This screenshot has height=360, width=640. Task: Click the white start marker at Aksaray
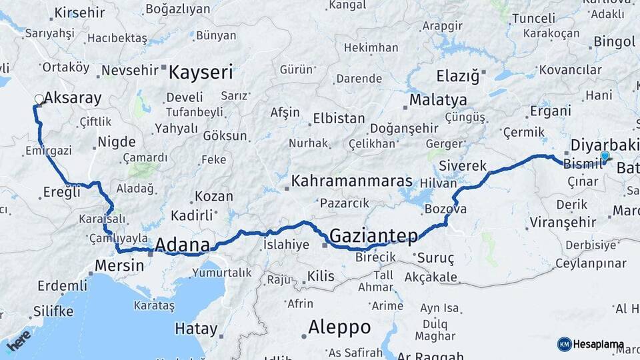click(39, 100)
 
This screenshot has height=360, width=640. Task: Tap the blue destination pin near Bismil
click(605, 157)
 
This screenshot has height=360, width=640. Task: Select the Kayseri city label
click(200, 72)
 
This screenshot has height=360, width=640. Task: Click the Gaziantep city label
click(373, 235)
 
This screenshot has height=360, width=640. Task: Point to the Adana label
click(182, 245)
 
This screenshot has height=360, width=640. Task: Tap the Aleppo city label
click(339, 327)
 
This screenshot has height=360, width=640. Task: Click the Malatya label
click(438, 100)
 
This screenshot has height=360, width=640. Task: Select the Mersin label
click(119, 265)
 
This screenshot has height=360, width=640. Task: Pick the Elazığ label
click(457, 75)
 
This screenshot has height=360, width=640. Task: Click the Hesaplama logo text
click(599, 345)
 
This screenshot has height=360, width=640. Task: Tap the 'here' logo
click(19, 340)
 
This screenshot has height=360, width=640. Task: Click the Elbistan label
click(339, 119)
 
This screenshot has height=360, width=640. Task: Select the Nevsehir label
click(131, 69)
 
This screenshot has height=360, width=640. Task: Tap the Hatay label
click(196, 329)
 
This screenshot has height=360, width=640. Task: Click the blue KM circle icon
click(565, 344)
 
